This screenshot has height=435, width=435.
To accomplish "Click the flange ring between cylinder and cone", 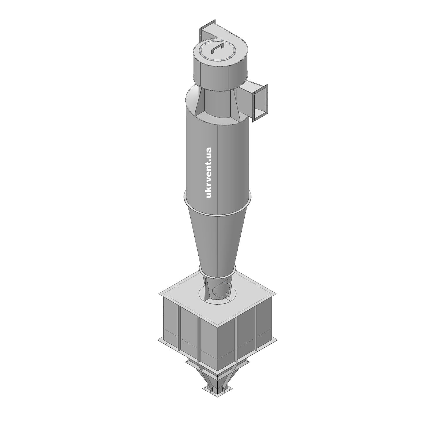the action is pos(217,205).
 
